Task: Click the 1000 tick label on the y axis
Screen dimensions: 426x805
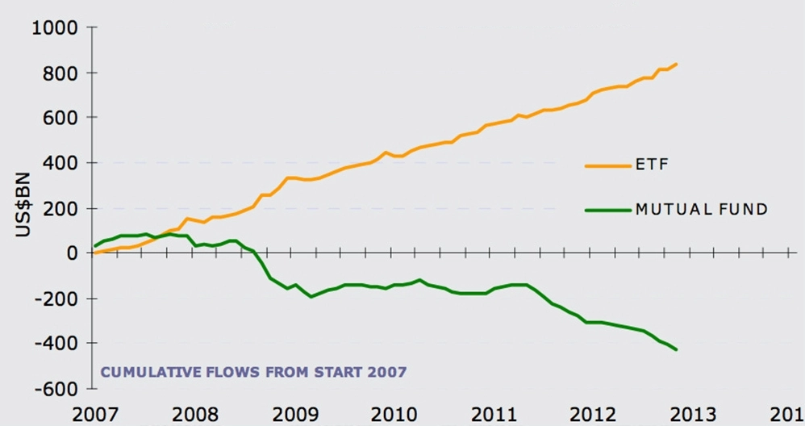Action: [54, 28]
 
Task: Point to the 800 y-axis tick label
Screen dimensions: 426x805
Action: [60, 73]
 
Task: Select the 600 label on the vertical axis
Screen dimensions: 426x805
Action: [60, 118]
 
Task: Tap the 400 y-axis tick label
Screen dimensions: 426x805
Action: [60, 163]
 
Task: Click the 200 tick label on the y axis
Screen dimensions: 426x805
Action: [60, 208]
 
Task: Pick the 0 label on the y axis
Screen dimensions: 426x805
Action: [73, 253]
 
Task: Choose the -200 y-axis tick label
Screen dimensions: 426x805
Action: [56, 299]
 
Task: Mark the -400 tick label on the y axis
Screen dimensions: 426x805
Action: [56, 344]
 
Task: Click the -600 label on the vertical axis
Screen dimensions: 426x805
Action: [56, 389]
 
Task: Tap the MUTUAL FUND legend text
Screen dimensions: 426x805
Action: [701, 210]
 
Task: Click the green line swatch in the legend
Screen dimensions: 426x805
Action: [606, 210]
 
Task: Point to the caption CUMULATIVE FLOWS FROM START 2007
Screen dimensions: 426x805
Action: [253, 372]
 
